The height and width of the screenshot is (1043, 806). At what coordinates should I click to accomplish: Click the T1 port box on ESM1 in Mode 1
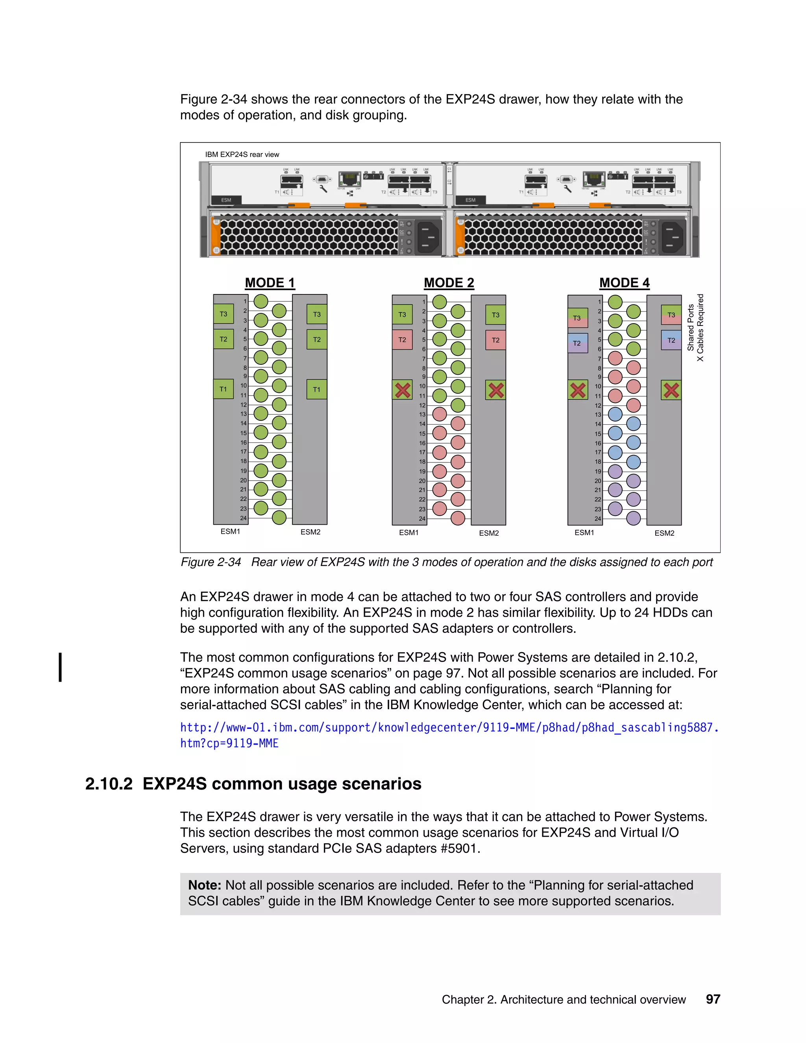coord(223,389)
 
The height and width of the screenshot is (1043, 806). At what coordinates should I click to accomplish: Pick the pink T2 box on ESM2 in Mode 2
coord(495,340)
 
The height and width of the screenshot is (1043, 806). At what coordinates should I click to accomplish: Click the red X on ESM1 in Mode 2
coord(403,390)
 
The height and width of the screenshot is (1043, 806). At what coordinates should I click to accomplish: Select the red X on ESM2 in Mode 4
coord(671,390)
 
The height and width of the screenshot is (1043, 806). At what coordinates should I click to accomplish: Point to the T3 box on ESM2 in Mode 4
coord(671,315)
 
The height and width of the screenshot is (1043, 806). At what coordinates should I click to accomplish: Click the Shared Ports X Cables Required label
coord(695,327)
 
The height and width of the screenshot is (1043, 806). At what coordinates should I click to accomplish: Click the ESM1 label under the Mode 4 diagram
coord(584,533)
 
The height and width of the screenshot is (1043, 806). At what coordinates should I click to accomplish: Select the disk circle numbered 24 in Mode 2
coord(457,518)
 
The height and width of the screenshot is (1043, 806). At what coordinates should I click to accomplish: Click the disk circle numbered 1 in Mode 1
coord(261,301)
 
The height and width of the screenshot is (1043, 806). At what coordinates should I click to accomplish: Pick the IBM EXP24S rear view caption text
coord(242,154)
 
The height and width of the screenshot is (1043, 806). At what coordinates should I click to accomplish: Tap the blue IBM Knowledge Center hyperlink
coord(449,727)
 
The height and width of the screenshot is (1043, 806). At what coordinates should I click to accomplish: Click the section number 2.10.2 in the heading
coord(108,784)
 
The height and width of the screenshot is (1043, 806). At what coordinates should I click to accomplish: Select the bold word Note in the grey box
coord(204,885)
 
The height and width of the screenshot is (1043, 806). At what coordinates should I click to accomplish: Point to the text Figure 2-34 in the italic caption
coord(211,562)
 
